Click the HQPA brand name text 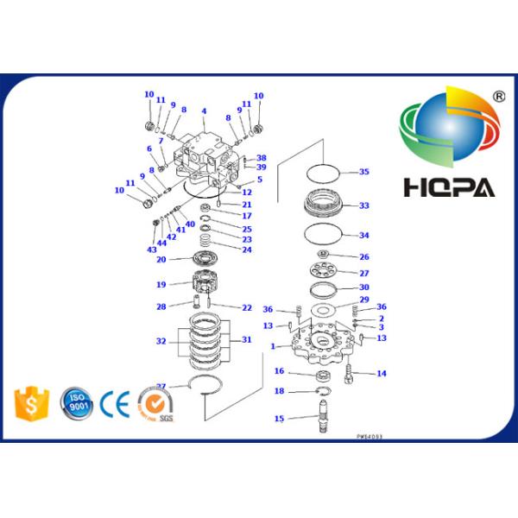pyautogui.click(x=447, y=186)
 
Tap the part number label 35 pyautogui.click(x=363, y=172)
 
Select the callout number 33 pyautogui.click(x=363, y=205)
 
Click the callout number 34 pyautogui.click(x=363, y=235)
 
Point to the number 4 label pyautogui.click(x=204, y=111)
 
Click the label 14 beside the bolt pyautogui.click(x=381, y=373)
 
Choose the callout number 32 pyautogui.click(x=161, y=341)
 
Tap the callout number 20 pyautogui.click(x=161, y=259)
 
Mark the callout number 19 pyautogui.click(x=161, y=283)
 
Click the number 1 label pyautogui.click(x=274, y=347)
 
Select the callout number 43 pyautogui.click(x=151, y=250)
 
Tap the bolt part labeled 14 pyautogui.click(x=352, y=373)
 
